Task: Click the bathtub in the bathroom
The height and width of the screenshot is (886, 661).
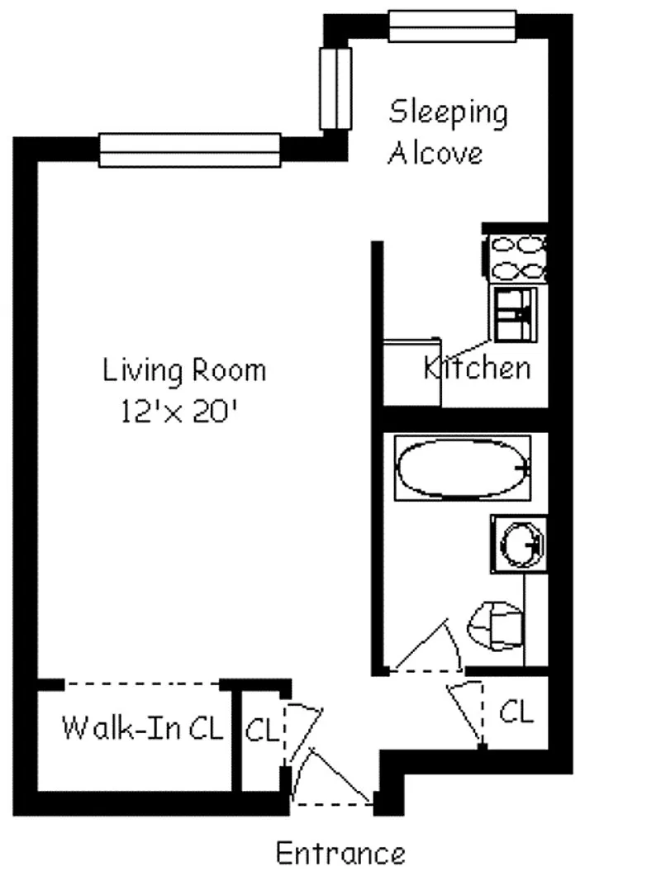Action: tap(462, 468)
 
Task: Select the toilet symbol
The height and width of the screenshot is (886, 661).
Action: tap(495, 626)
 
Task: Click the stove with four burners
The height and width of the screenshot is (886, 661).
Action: tap(516, 258)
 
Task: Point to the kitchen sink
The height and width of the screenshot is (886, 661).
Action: tap(516, 314)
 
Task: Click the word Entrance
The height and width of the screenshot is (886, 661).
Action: tap(340, 853)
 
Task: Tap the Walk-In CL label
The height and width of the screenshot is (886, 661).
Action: tap(142, 727)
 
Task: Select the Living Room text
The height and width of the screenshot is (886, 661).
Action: tap(184, 370)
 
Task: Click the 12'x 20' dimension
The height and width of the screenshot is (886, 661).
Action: tap(178, 411)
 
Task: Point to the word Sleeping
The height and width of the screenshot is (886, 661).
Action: tap(449, 112)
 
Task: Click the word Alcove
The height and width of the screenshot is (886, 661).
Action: tap(435, 153)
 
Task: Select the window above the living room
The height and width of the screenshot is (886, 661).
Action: tap(190, 150)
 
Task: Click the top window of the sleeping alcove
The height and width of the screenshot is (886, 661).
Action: tap(452, 26)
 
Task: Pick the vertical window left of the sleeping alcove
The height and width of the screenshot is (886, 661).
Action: tap(335, 88)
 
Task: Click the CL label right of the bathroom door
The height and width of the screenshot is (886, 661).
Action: tap(516, 712)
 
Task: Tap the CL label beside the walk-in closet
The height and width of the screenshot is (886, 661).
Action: tap(262, 730)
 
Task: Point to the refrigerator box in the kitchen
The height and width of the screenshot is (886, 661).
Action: tap(411, 372)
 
